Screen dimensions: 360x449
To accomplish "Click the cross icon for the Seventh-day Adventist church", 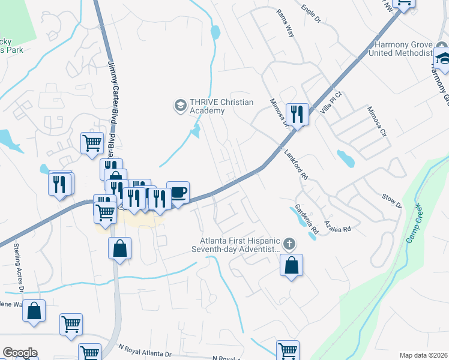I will [x=290, y=244].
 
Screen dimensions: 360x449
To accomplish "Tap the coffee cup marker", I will [x=178, y=193].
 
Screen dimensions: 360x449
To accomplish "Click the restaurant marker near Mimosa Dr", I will [x=298, y=113].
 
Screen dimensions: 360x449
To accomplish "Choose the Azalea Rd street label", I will [x=337, y=226].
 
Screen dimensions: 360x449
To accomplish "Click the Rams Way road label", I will [x=285, y=23].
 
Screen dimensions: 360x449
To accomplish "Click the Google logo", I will [x=20, y=353].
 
